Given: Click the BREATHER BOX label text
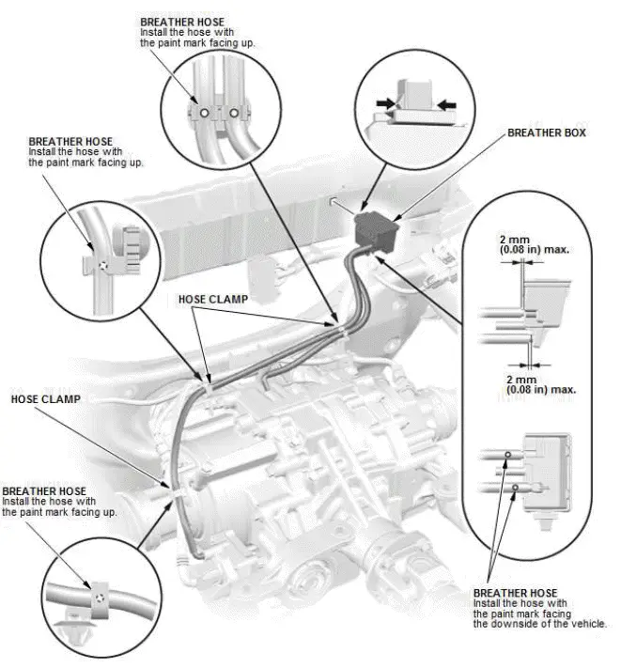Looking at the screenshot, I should pyautogui.click(x=546, y=132).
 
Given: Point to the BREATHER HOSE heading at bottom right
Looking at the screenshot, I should pyautogui.click(x=516, y=593).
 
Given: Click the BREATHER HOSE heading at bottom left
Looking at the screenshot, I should pyautogui.click(x=44, y=491).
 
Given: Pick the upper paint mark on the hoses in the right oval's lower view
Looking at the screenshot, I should pyautogui.click(x=508, y=455).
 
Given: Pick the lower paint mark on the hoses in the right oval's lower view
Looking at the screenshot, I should pyautogui.click(x=514, y=489).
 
